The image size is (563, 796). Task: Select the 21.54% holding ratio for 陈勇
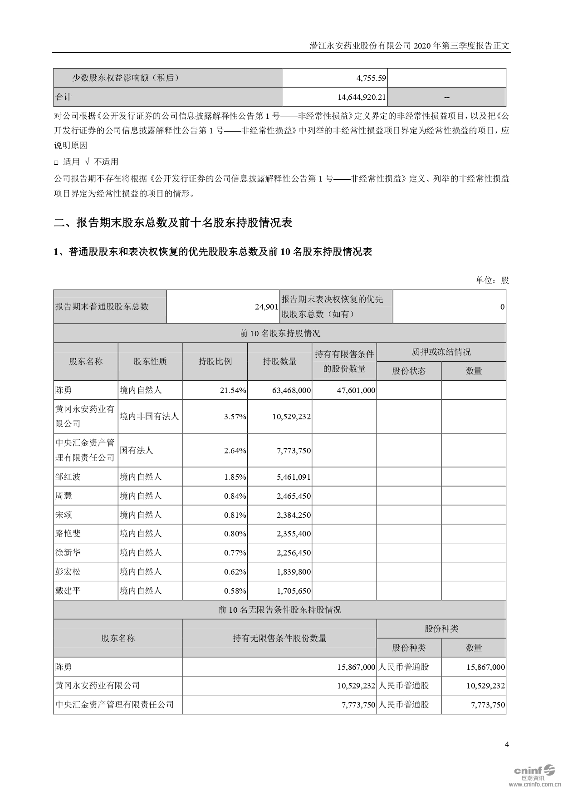click(x=235, y=390)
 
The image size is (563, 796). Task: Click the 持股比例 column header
click(x=215, y=362)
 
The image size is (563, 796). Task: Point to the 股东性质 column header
click(x=150, y=362)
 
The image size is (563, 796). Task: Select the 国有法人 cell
click(x=136, y=451)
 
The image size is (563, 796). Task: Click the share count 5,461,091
click(x=294, y=477)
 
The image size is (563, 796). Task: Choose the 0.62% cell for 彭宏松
click(x=235, y=572)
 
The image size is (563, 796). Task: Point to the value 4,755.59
click(x=371, y=78)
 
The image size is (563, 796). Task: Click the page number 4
click(x=507, y=744)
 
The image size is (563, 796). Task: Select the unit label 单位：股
click(x=492, y=280)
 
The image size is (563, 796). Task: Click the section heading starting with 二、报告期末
click(x=173, y=223)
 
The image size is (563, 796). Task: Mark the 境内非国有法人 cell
click(x=149, y=417)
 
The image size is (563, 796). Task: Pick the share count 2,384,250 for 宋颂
click(x=294, y=515)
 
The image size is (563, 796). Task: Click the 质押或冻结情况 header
click(x=441, y=352)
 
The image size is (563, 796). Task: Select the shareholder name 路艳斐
click(x=68, y=534)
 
